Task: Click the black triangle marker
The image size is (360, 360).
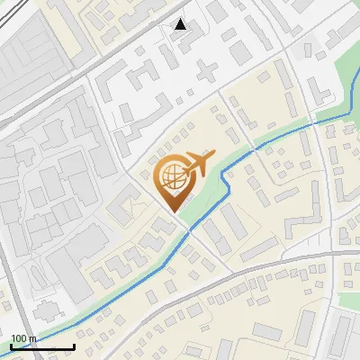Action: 181,24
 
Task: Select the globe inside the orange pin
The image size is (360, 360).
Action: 171,175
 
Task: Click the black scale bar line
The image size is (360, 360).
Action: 42,346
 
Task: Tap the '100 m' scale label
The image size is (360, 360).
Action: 23,338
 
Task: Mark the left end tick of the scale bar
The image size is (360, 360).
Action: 11,346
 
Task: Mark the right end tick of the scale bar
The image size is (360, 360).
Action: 74,346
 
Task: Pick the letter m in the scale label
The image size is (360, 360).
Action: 32,338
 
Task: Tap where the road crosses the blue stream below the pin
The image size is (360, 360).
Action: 189,229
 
